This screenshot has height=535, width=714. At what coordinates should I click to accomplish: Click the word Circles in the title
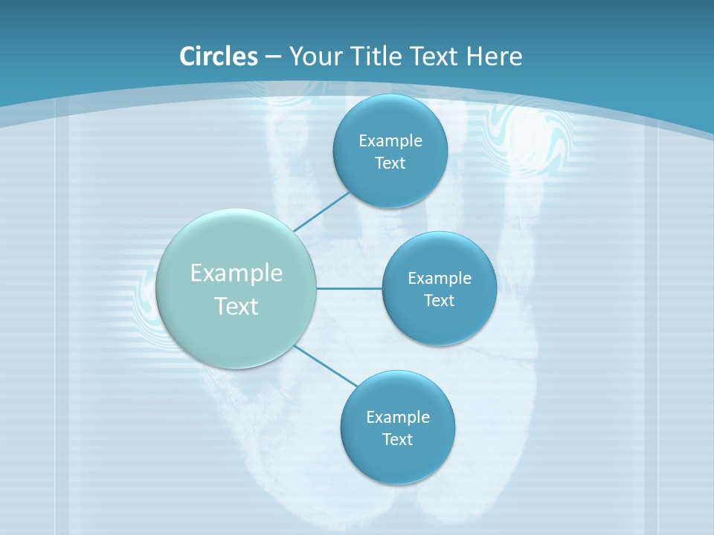pos(218,56)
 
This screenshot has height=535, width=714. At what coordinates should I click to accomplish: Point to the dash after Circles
pos(272,57)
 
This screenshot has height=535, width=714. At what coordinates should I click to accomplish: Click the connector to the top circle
pos(322,211)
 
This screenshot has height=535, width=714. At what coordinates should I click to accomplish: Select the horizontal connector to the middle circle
pos(350,288)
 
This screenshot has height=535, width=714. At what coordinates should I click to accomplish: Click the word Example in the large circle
pos(237,273)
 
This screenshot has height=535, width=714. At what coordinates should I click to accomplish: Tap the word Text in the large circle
pos(237,306)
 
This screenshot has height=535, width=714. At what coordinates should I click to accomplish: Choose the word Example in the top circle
pos(390,141)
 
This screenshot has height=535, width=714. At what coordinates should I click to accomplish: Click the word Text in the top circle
pos(390,163)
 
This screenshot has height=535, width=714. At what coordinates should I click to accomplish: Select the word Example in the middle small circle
pos(439,279)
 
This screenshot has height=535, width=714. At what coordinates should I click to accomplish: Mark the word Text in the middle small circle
pos(439,301)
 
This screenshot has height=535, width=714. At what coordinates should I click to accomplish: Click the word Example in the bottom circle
pos(397,418)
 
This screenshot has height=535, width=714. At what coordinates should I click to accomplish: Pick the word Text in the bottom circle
pos(397,440)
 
